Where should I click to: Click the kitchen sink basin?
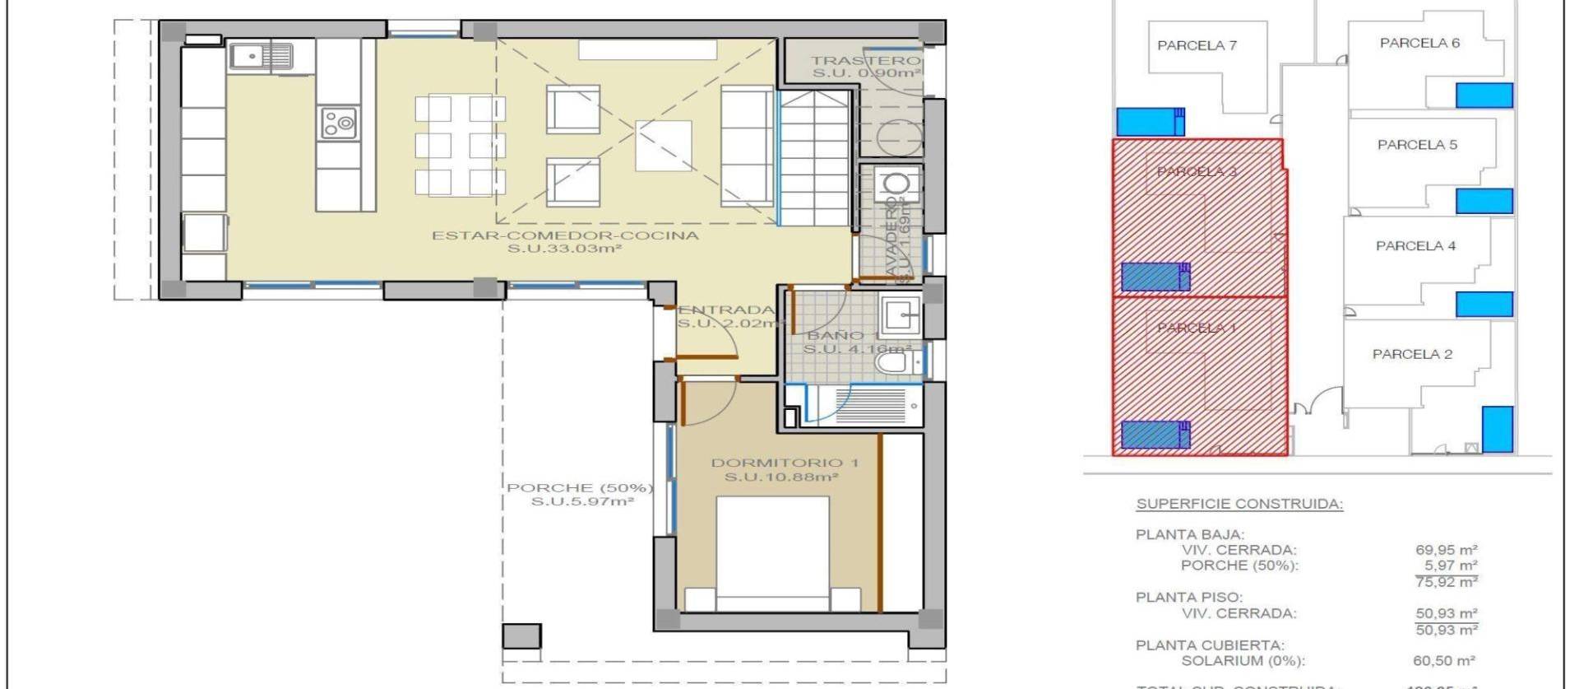click(x=247, y=56)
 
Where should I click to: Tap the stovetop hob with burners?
click(x=338, y=123)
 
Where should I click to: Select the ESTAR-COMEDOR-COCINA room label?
click(x=565, y=235)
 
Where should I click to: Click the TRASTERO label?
click(x=865, y=60)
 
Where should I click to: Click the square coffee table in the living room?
click(x=663, y=146)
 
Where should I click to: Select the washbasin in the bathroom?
click(x=900, y=314)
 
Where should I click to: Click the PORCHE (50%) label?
click(x=580, y=487)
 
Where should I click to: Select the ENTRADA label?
click(x=726, y=310)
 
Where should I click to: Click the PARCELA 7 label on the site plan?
click(x=1197, y=45)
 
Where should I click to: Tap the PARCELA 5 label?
click(x=1417, y=145)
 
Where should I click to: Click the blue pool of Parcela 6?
click(x=1484, y=95)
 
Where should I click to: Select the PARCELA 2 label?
click(x=1412, y=354)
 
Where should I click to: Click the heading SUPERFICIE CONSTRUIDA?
click(x=1239, y=504)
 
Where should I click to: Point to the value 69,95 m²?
click(x=1446, y=550)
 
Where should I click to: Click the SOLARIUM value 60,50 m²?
click(x=1443, y=661)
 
